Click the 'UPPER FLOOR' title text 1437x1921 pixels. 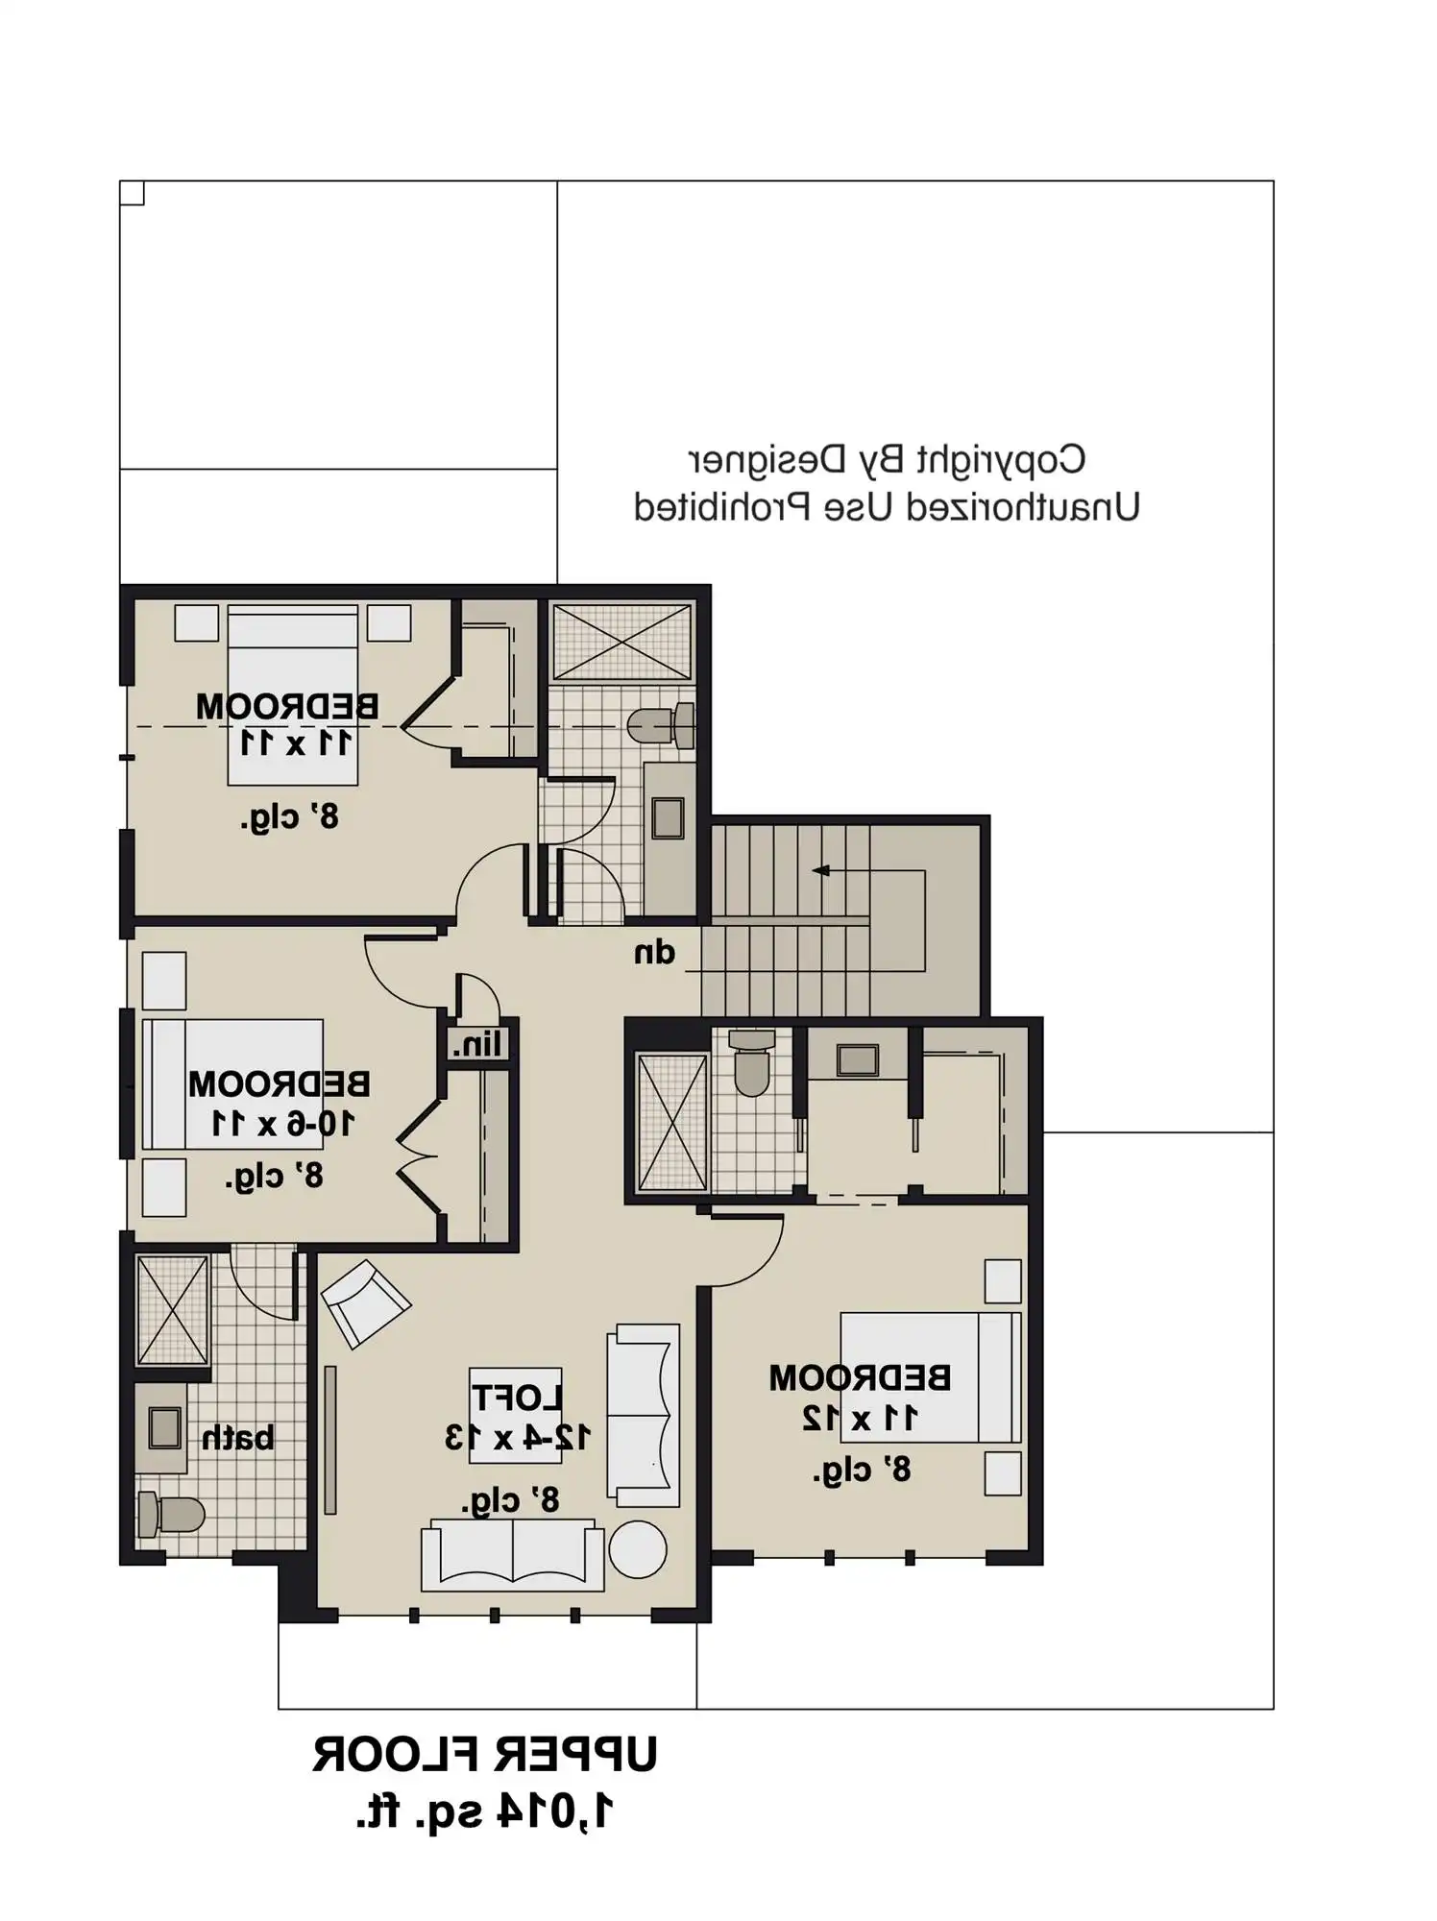484,1755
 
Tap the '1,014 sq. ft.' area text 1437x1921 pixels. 484,1812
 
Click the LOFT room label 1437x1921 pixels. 516,1398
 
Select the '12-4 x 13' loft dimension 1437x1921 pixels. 517,1438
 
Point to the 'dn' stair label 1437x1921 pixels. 654,953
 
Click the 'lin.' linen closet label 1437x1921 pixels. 477,1044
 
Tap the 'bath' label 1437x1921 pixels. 237,1438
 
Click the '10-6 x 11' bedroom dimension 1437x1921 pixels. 282,1123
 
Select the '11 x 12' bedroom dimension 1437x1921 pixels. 860,1418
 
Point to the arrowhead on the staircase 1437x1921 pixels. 820,871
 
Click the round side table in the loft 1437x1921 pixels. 637,1549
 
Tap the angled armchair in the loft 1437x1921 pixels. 365,1303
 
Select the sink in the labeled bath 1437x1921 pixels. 164,1428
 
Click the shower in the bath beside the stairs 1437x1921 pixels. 622,642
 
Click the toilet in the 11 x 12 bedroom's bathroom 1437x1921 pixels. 752,1064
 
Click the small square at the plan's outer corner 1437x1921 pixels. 133,193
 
